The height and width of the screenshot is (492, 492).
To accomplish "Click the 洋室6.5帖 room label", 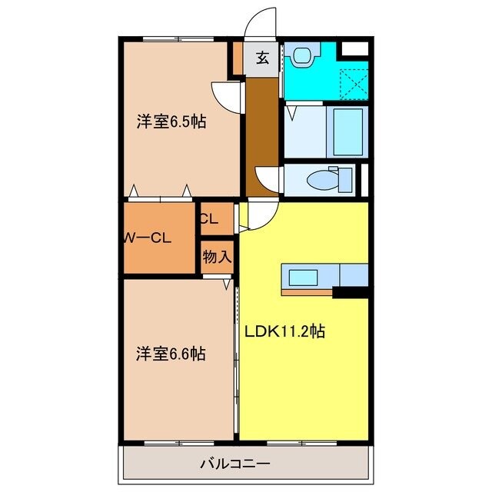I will pos(171,121).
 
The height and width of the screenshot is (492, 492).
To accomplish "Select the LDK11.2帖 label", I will pos(284,332).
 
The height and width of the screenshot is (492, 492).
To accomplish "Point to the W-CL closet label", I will pos(148,238).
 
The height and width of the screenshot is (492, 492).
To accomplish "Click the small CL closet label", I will pos(209,218).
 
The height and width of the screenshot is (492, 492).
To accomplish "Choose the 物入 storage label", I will pos(217,257).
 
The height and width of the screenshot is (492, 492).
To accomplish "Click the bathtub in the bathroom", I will pos(348,131).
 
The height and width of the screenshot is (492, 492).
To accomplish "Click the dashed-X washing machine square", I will pos(353,82).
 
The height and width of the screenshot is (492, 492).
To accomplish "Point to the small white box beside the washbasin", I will pos(354,49).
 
